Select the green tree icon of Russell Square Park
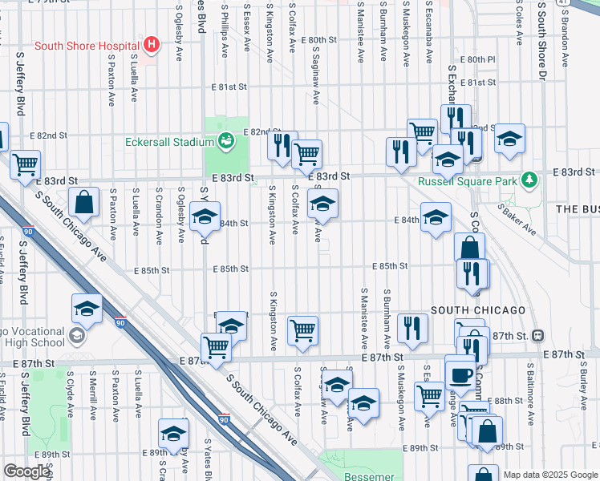tap(529, 180)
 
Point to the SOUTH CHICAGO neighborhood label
tap(477, 310)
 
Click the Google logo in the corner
tap(26, 471)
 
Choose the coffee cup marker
tap(460, 374)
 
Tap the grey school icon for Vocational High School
tap(77, 334)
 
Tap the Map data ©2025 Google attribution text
tap(550, 475)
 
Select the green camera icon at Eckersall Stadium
tap(227, 141)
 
